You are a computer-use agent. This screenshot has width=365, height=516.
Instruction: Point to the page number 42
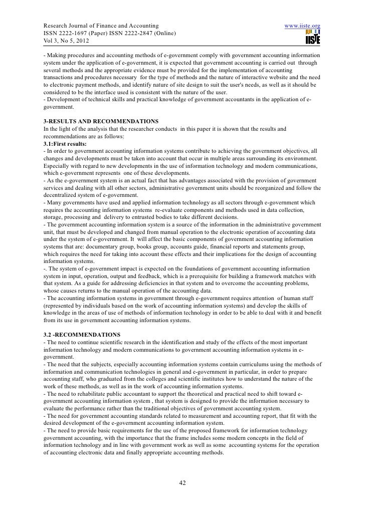(x=182, y=483)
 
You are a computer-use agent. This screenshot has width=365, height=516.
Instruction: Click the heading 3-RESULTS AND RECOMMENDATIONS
(x=101, y=122)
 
